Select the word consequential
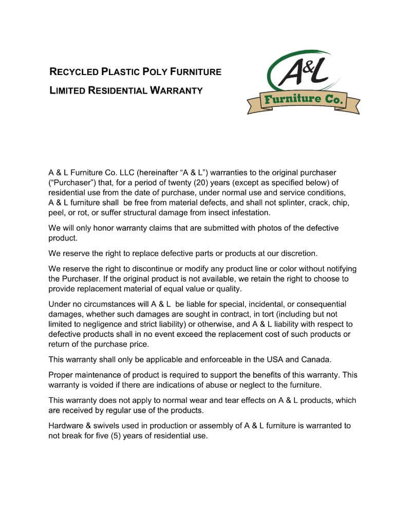pos(317,304)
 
